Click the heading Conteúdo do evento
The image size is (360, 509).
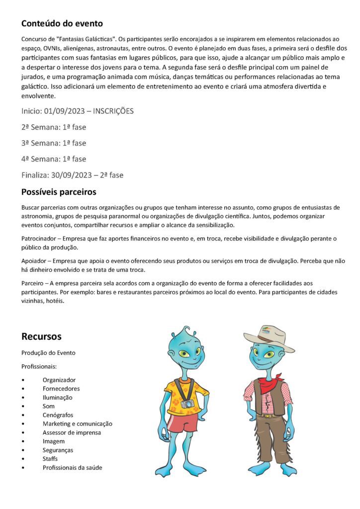pyautogui.click(x=62, y=23)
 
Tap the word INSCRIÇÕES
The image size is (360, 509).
pyautogui.click(x=113, y=111)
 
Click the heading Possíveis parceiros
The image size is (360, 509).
pyautogui.click(x=59, y=192)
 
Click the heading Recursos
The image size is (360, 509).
pyautogui.click(x=41, y=337)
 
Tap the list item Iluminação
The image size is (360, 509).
pyautogui.click(x=57, y=398)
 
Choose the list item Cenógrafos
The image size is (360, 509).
pyautogui.click(x=58, y=415)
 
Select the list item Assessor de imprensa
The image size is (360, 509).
pyautogui.click(x=72, y=432)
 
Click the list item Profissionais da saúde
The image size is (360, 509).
pyautogui.click(x=73, y=468)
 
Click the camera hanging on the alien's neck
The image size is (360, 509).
pyautogui.click(x=188, y=404)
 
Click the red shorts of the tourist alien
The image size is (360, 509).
pyautogui.click(x=182, y=423)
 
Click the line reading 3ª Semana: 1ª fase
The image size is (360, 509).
pyautogui.click(x=54, y=143)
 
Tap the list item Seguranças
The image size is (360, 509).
pyautogui.click(x=58, y=450)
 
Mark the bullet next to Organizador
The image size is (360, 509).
pyautogui.click(x=23, y=380)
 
